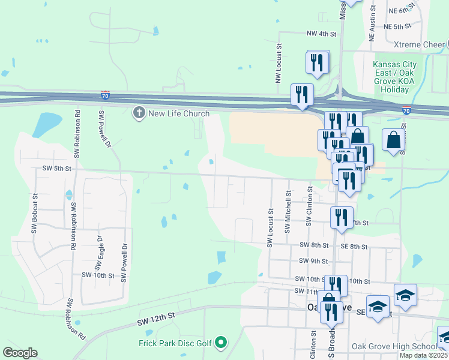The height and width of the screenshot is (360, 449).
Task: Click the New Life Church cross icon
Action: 139,113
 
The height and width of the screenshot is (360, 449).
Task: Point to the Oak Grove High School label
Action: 402,346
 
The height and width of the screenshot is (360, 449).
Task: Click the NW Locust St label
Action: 279,62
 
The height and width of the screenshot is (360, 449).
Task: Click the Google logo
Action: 20,353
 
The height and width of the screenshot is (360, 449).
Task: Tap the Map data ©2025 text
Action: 423,355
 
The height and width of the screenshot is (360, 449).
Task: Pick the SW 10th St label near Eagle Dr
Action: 98,275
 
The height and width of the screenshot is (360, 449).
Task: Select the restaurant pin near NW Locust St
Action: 317,62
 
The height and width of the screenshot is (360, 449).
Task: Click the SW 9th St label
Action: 313,261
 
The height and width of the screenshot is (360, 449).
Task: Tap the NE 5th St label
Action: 397,27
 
